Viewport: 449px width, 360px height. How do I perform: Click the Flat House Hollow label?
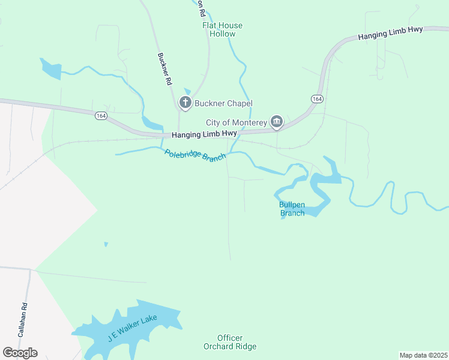coord(222,29)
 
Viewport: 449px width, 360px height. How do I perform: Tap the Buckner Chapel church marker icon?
coord(185,103)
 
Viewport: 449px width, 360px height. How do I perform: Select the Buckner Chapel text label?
coord(223,104)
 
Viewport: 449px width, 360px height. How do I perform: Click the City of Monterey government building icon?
coord(276,122)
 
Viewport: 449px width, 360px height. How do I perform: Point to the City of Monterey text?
coord(236,122)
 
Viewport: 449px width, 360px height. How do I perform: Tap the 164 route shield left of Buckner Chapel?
coord(100,116)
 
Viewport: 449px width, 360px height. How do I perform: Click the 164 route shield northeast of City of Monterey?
coord(317,98)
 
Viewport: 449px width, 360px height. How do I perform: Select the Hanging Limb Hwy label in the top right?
coord(391,34)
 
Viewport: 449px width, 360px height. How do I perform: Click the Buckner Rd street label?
coord(164,68)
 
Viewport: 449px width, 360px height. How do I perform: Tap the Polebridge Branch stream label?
coord(195,155)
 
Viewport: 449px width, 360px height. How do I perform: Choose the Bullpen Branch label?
coord(292,209)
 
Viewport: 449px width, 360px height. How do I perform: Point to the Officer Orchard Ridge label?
coord(230,342)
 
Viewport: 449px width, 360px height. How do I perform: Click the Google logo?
coord(20,353)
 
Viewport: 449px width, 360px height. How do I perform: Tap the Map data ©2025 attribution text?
coord(423,355)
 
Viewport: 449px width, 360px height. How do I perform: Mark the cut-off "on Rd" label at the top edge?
coord(200,7)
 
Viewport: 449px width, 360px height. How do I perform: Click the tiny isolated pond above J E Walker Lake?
coord(106,244)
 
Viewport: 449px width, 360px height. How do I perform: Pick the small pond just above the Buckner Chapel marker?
coord(187,91)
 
